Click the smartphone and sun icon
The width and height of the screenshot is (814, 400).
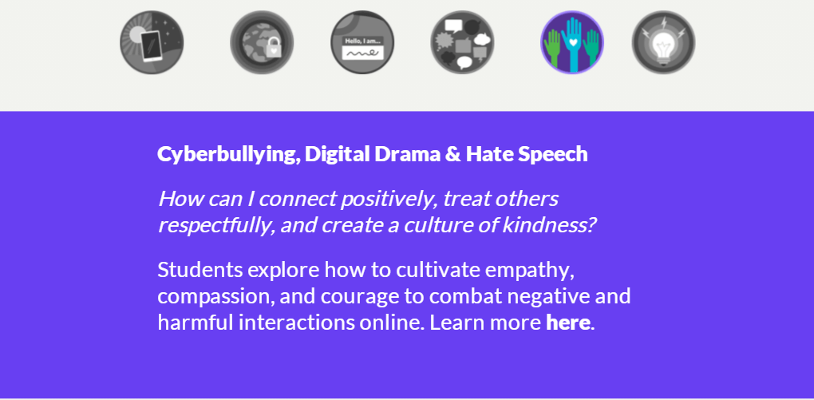(x=152, y=42)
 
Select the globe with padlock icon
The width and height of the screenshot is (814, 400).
(x=262, y=42)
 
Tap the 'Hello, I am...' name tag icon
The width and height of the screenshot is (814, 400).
(x=362, y=42)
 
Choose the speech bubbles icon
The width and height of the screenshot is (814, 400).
(x=462, y=42)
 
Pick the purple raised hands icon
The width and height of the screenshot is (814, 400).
(x=572, y=42)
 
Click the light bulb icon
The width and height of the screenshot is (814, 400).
(x=663, y=42)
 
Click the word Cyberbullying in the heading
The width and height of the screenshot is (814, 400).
(x=229, y=155)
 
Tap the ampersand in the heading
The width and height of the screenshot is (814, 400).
(x=452, y=154)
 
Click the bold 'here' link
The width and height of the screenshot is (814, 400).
(x=568, y=323)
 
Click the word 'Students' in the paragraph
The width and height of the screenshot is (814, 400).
(x=200, y=270)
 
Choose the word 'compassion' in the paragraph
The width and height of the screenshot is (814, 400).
(x=216, y=297)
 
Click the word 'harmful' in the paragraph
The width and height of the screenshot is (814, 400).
(x=195, y=323)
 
